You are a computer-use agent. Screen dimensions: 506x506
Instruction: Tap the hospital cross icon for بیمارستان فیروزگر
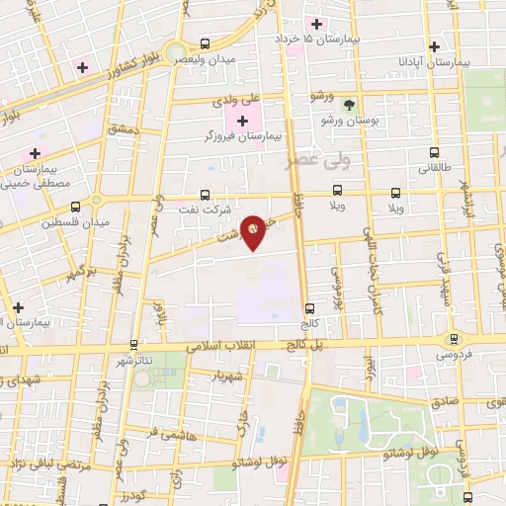click(243, 120)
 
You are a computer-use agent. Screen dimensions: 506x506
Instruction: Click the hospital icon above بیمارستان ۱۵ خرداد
click(317, 24)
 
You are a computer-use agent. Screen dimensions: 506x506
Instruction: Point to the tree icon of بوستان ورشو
click(347, 104)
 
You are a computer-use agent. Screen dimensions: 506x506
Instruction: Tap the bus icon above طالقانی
click(435, 152)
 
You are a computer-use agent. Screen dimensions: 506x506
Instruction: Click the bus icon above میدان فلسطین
click(76, 207)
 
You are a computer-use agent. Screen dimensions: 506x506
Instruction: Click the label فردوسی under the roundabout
click(454, 354)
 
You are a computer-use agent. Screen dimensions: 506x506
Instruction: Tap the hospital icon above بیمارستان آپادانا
click(433, 45)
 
